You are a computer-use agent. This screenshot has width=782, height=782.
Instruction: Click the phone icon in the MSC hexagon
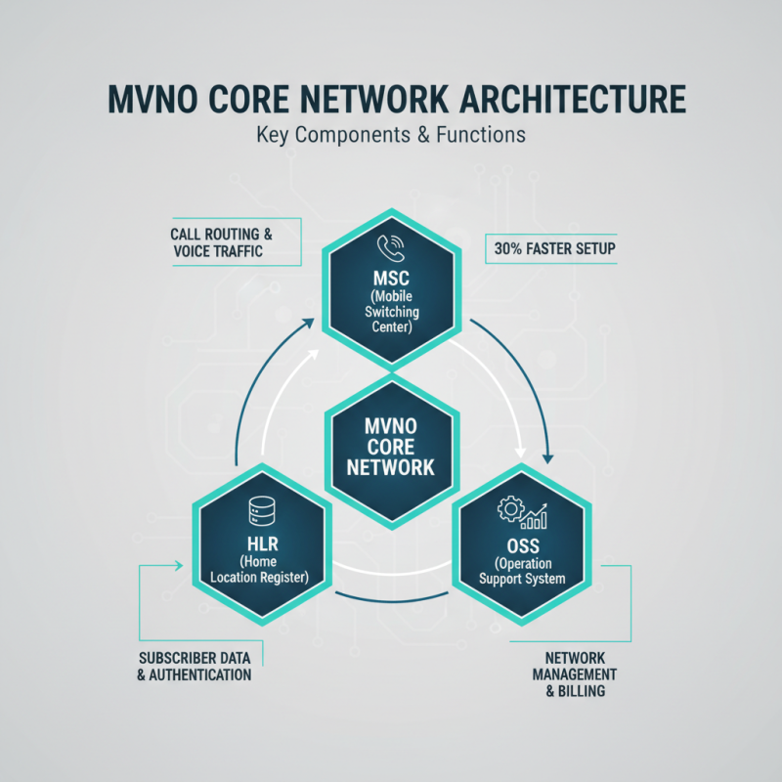(390, 247)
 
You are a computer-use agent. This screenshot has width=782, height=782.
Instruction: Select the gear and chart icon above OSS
(522, 511)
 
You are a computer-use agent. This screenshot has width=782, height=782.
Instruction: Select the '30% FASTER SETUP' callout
(550, 249)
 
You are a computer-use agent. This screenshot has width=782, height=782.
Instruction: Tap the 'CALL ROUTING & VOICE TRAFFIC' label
(221, 242)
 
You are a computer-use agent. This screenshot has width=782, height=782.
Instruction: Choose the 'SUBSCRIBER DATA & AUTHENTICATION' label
(195, 667)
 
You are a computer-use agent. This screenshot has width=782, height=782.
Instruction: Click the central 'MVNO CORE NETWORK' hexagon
(391, 447)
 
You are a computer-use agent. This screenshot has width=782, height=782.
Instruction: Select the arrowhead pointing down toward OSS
(548, 455)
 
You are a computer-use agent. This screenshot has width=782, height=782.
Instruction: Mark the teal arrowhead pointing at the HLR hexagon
(179, 565)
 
